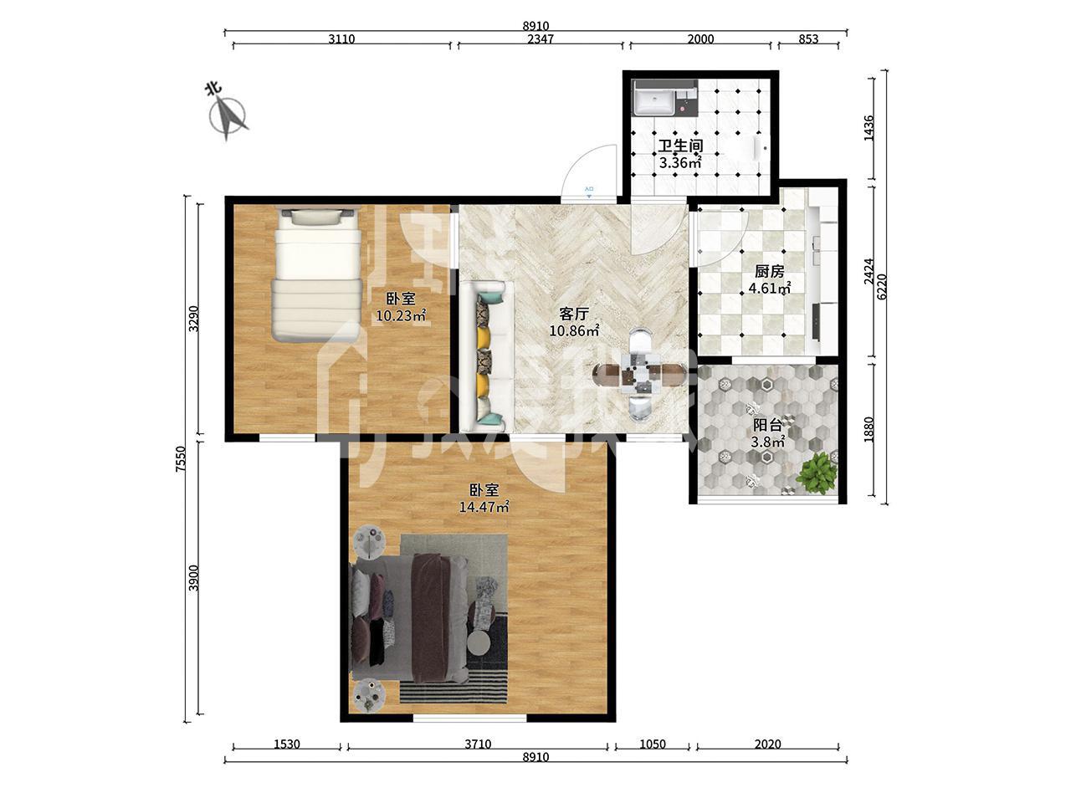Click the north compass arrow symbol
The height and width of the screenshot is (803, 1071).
click(x=228, y=118)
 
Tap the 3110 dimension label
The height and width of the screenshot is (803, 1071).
click(x=341, y=39)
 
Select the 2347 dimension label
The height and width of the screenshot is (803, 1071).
click(x=541, y=39)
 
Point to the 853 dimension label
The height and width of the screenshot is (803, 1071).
click(x=808, y=39)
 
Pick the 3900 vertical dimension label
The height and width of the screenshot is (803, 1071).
click(x=194, y=578)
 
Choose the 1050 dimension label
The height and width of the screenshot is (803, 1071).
click(x=652, y=744)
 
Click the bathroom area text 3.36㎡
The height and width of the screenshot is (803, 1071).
click(x=680, y=163)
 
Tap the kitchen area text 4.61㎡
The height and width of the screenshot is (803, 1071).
click(x=770, y=289)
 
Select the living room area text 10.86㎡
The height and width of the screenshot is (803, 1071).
click(x=574, y=331)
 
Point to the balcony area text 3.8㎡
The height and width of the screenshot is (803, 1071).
click(x=768, y=442)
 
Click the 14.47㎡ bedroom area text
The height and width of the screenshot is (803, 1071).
click(x=484, y=507)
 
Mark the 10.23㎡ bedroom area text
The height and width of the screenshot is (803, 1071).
click(x=401, y=316)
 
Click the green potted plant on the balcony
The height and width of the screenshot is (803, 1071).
click(x=817, y=473)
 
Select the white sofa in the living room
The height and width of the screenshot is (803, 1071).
click(x=487, y=356)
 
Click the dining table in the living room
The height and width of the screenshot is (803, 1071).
click(x=638, y=376)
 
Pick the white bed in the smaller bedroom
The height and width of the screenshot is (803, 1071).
click(x=317, y=274)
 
